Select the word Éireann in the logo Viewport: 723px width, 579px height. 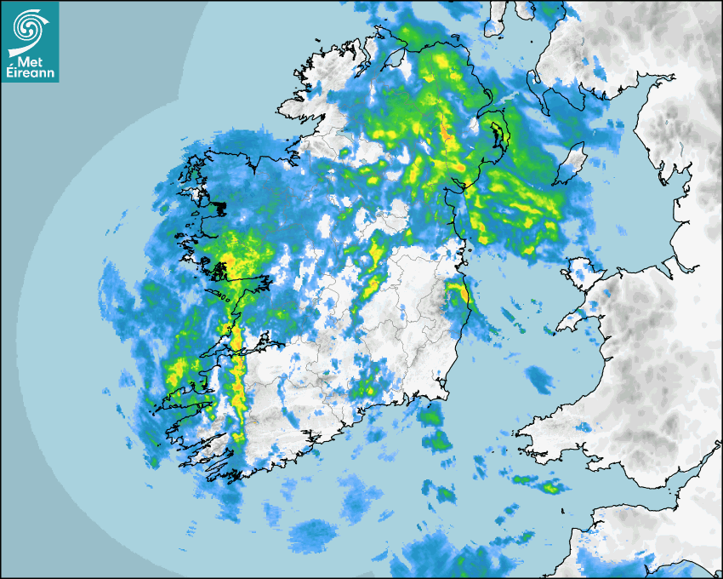[x=30, y=73]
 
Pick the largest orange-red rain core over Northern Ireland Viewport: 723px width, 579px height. [x=445, y=132]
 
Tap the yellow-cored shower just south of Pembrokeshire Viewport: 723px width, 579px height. [x=550, y=487]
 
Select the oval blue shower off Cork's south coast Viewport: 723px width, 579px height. [x=313, y=535]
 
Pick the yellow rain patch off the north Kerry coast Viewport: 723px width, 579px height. [x=176, y=370]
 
